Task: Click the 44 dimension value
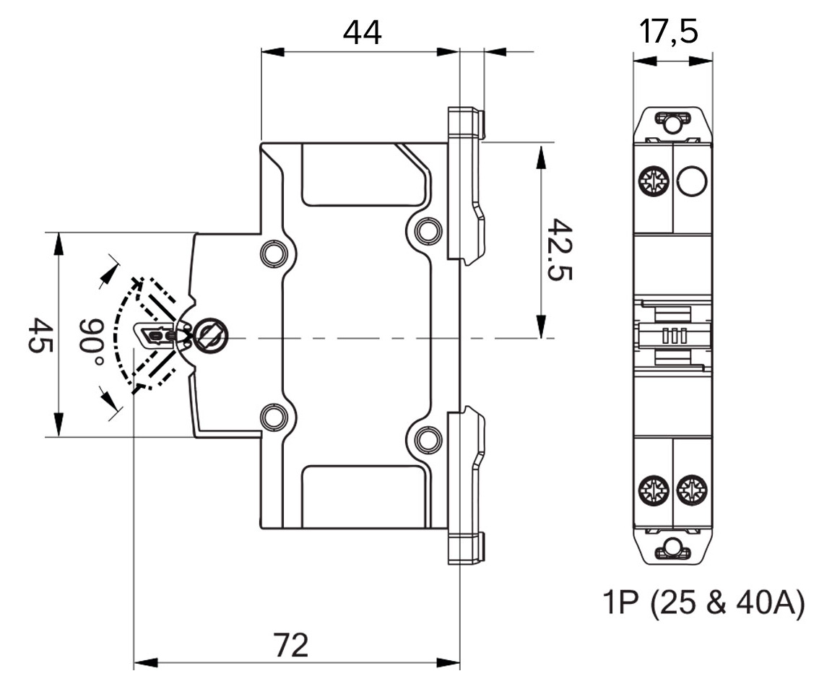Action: pyautogui.click(x=361, y=32)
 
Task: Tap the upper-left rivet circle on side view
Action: pyautogui.click(x=273, y=254)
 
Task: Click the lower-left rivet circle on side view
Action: pyautogui.click(x=273, y=417)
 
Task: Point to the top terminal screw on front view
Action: pyautogui.click(x=653, y=181)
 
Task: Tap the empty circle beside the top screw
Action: pyautogui.click(x=692, y=181)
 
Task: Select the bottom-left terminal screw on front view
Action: pyautogui.click(x=653, y=491)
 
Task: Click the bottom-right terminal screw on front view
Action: pyautogui.click(x=692, y=491)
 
